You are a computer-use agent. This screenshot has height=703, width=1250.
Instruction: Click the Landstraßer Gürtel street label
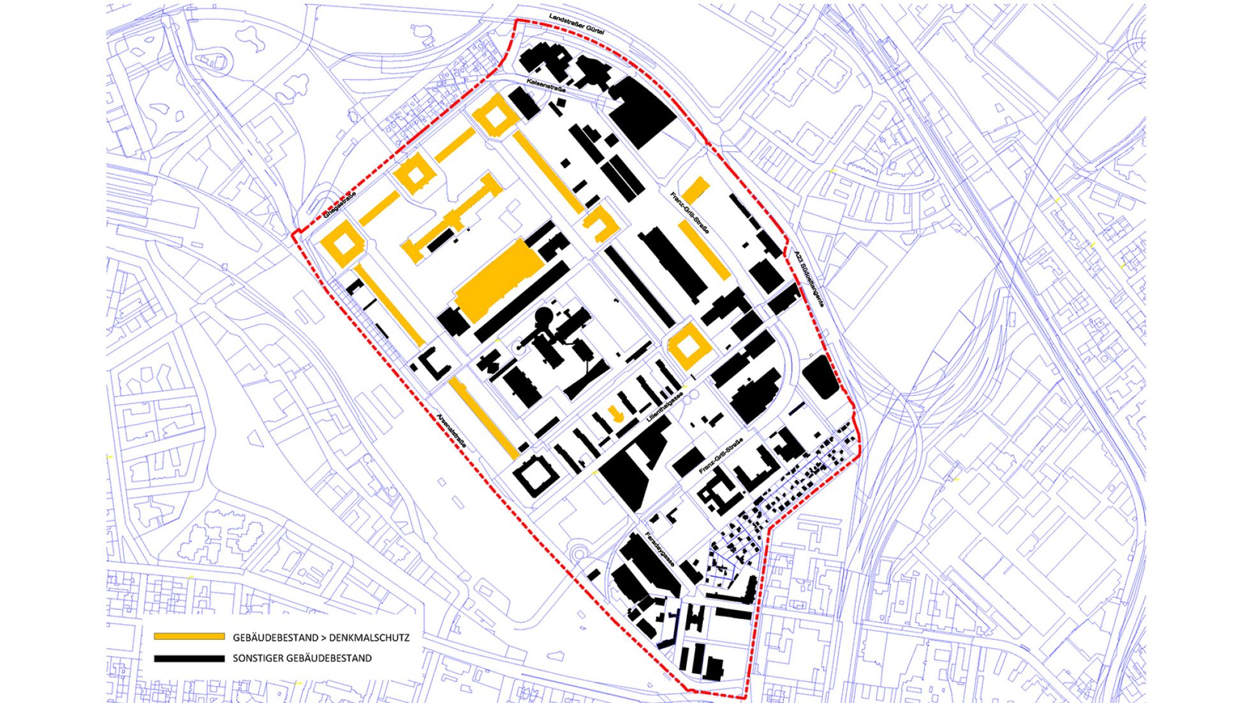577,22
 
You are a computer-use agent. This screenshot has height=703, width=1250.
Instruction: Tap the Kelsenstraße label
547,86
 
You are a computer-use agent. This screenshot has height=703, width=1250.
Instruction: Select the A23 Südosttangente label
809,279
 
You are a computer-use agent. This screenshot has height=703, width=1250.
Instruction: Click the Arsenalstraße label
451,434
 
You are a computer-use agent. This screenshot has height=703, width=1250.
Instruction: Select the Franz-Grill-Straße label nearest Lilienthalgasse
721,456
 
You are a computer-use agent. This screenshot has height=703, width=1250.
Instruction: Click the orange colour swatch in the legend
189,637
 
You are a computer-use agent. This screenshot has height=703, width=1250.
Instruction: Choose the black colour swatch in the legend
189,658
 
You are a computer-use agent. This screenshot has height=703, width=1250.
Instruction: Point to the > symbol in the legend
324,637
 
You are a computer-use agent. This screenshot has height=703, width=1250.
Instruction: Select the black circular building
544,316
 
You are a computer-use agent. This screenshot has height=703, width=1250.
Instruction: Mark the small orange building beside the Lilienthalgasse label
615,413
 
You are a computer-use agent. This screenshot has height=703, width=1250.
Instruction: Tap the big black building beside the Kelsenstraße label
642,113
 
